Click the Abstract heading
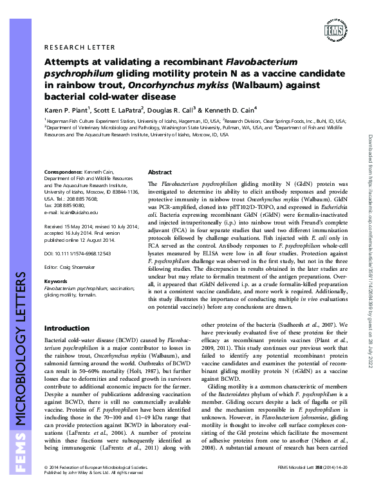point(160,173)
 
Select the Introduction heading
point(66,328)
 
